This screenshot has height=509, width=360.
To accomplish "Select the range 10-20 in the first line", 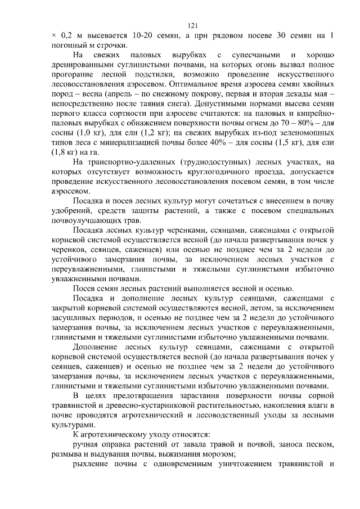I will pos(136,35).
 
